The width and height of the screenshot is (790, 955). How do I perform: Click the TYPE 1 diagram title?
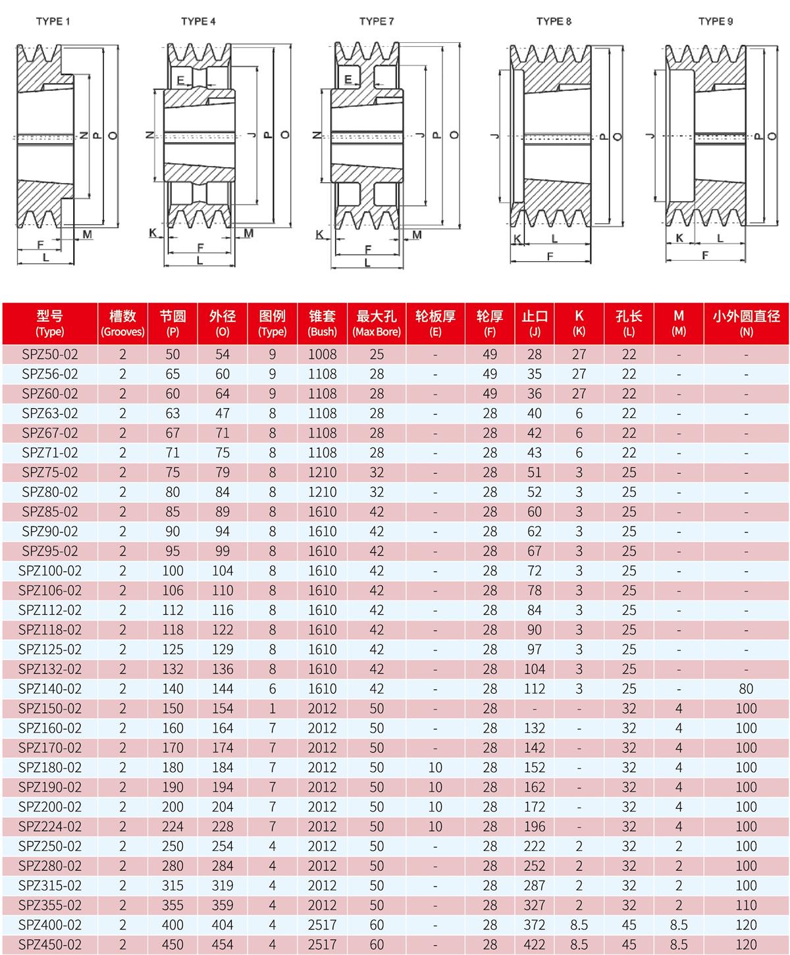click(x=53, y=21)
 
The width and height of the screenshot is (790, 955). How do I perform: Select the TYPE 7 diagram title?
click(x=377, y=21)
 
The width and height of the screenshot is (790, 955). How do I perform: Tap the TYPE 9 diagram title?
click(x=716, y=21)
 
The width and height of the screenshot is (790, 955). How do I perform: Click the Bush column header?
click(x=322, y=324)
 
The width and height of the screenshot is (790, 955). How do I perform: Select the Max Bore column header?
click(x=377, y=324)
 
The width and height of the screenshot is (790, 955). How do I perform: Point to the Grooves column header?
click(x=122, y=324)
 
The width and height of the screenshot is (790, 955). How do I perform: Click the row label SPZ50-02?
click(x=50, y=354)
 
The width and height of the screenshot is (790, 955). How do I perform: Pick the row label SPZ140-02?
click(x=50, y=688)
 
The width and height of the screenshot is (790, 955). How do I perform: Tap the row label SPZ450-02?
click(x=50, y=944)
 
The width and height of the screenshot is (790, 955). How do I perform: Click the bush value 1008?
click(x=322, y=354)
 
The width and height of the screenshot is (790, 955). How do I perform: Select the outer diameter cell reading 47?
click(x=223, y=413)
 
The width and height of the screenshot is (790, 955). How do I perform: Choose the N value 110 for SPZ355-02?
click(x=746, y=905)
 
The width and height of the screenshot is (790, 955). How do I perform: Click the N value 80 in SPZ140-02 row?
click(x=746, y=688)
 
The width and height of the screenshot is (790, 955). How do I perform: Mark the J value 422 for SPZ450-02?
click(x=535, y=944)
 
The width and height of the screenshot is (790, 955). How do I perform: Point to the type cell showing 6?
click(x=273, y=688)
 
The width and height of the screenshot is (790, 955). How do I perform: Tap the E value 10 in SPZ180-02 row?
click(x=435, y=767)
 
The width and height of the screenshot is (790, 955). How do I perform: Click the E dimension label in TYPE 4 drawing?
click(x=180, y=80)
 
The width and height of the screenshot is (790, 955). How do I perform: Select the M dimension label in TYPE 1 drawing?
click(x=87, y=234)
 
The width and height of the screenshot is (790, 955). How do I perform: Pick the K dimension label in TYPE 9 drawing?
click(x=680, y=238)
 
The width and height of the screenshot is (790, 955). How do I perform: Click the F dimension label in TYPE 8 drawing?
click(x=550, y=257)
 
